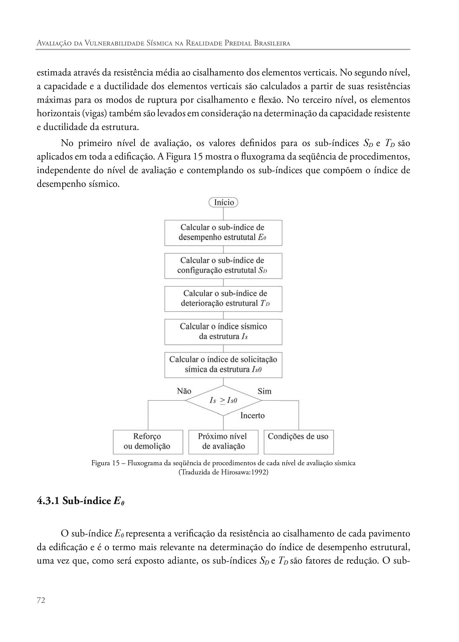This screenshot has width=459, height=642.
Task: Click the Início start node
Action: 223,202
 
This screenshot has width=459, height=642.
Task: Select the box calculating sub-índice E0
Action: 223,232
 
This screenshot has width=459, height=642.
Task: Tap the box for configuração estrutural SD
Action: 223,265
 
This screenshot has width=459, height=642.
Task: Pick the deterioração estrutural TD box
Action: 223,299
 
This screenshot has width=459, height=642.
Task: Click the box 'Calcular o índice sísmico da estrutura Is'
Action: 223,332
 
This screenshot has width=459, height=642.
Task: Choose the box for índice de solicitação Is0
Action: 223,365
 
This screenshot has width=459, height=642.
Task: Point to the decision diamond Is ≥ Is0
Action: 223,400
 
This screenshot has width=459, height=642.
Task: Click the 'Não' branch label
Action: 184,391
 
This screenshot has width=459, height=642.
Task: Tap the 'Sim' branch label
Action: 264,391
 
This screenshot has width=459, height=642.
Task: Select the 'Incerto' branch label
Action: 252,415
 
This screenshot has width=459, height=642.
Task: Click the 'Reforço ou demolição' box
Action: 148,442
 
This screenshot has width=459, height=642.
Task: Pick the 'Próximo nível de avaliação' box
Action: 223,442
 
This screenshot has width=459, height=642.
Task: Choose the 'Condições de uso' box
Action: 298,442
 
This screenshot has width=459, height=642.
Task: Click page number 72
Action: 41,601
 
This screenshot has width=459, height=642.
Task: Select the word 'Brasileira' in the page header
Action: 272,43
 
